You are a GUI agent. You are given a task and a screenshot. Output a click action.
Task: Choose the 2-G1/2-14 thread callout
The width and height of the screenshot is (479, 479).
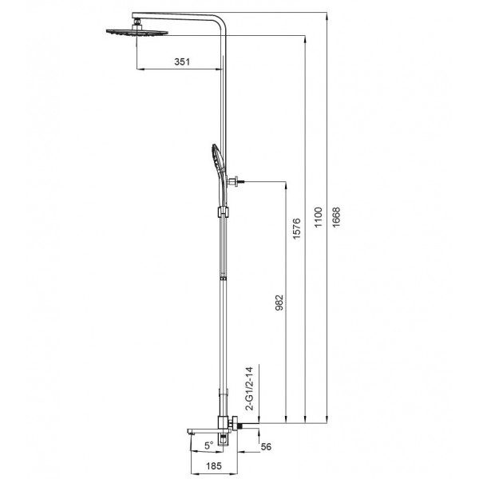coord(249,389)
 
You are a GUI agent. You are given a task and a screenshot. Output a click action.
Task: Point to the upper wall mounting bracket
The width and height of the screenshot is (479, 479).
coord(235,182)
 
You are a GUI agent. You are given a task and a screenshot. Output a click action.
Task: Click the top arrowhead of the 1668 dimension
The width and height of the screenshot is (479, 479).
coord(326,14)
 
